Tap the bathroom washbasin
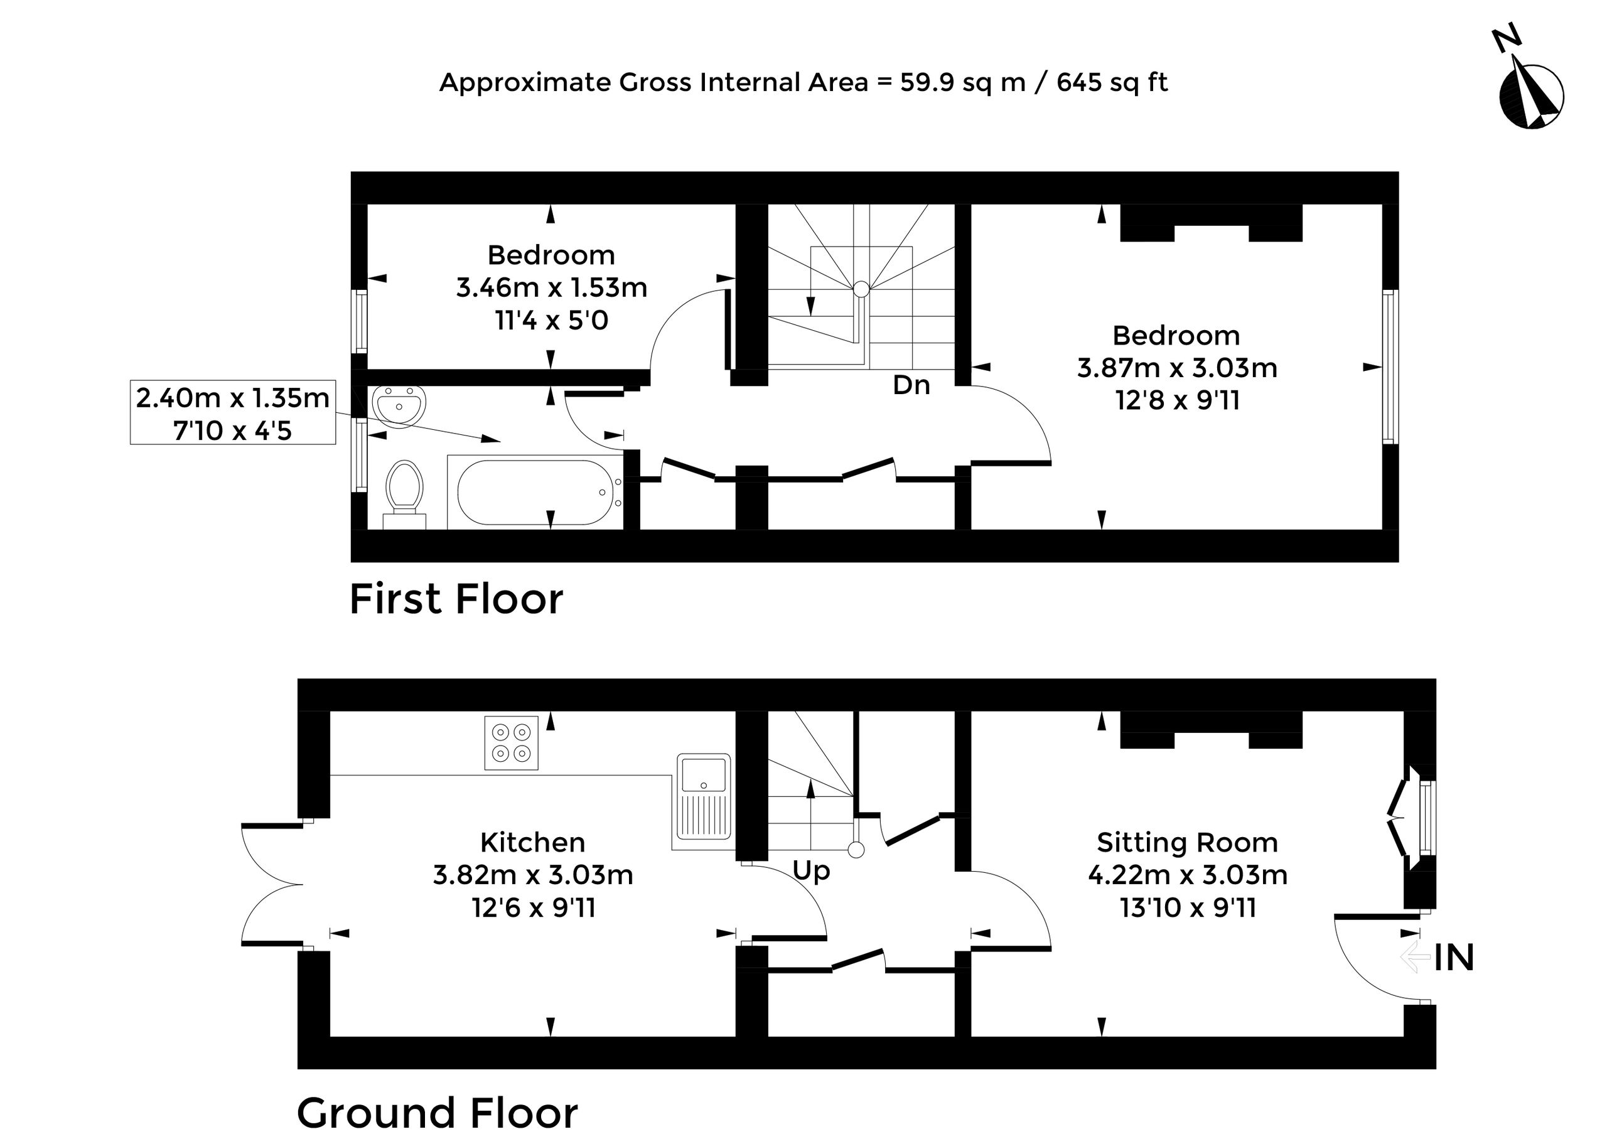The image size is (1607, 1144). [399, 407]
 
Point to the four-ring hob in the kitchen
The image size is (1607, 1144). [511, 742]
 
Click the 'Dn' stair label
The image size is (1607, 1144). [911, 385]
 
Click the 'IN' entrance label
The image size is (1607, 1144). [1454, 958]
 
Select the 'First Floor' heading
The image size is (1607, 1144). [456, 599]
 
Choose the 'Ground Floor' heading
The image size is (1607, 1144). [437, 1113]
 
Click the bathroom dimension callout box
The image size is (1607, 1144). [232, 413]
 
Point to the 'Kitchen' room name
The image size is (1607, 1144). [532, 843]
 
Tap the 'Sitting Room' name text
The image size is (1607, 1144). [1187, 843]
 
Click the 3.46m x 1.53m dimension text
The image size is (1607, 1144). [552, 287]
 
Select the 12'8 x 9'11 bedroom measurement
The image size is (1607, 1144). [1176, 400]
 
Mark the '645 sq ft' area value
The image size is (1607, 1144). [1112, 83]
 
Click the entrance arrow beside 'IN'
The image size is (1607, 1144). [1415, 958]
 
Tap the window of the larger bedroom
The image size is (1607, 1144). [1389, 367]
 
